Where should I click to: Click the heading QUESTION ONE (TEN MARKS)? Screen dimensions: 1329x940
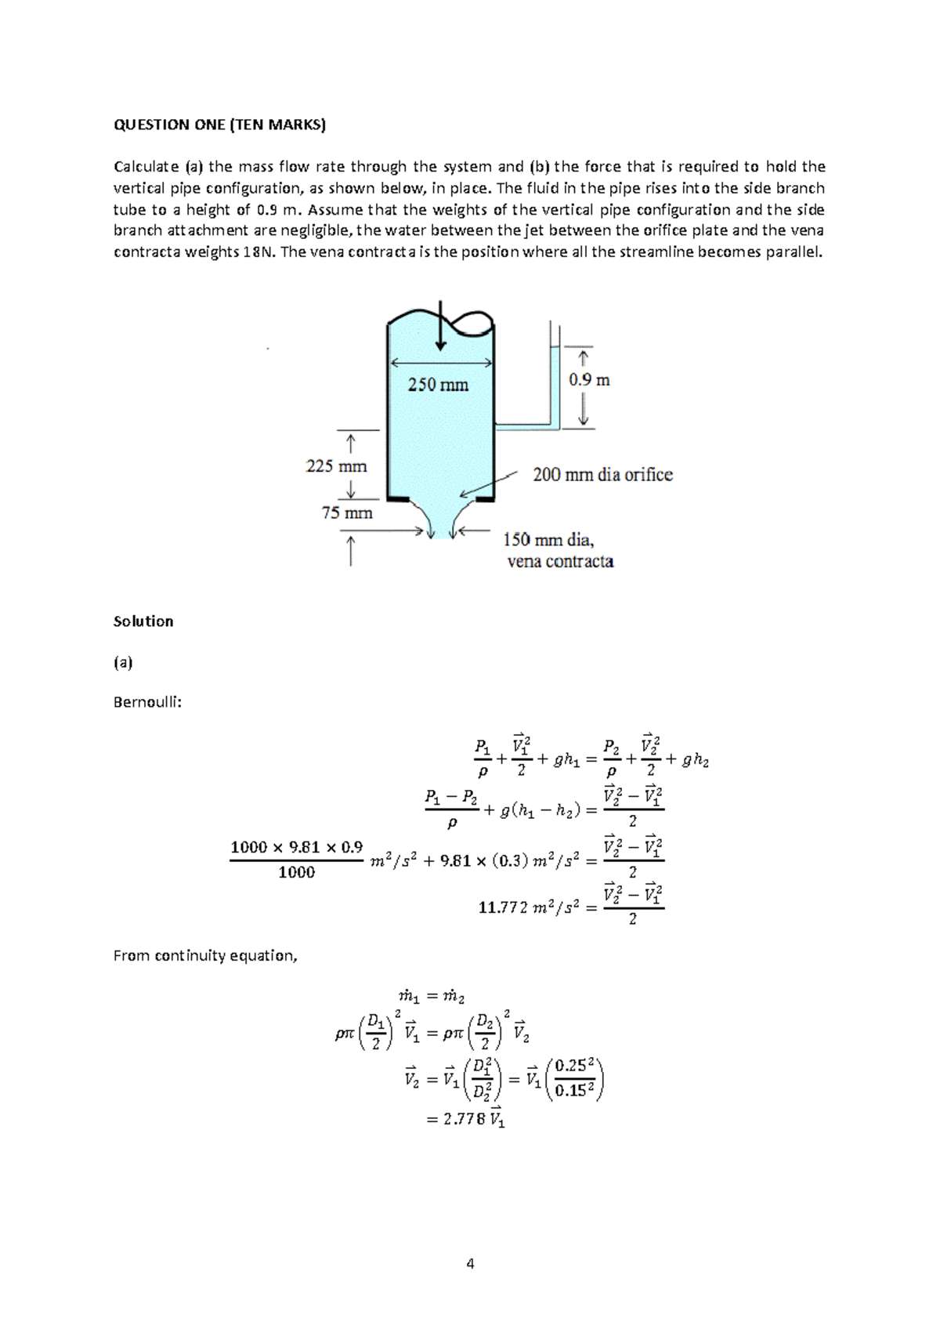click(219, 125)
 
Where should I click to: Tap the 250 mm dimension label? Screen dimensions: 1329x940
click(438, 385)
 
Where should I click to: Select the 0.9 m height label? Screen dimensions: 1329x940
click(589, 380)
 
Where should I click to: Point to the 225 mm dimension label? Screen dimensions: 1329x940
click(336, 466)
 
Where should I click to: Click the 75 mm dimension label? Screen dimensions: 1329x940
click(347, 513)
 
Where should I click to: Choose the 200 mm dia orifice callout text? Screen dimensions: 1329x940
click(602, 475)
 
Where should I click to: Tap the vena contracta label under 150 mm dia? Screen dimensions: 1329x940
click(560, 562)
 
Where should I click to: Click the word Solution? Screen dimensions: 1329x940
click(143, 621)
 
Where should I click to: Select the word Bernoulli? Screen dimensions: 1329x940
click(147, 702)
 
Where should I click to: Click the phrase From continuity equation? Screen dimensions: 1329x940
click(205, 956)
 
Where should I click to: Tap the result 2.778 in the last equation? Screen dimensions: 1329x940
click(464, 1120)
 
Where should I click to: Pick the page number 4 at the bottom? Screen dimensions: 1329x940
click(470, 1263)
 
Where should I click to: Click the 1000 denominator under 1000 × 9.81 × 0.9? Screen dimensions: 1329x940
click(296, 872)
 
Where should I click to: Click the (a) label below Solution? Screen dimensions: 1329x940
click(123, 663)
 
